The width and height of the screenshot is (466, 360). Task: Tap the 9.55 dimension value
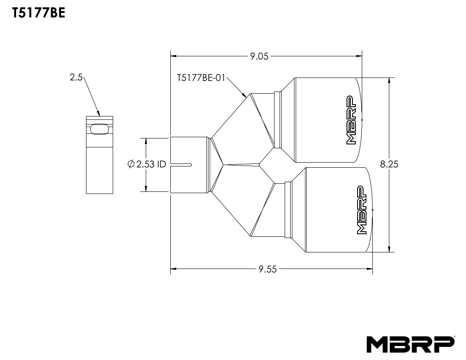[x=267, y=269]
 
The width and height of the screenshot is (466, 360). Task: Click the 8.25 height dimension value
[x=389, y=164]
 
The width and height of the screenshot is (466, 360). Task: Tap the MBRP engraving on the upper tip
[x=351, y=120]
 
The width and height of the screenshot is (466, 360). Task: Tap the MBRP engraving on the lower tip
[x=361, y=210]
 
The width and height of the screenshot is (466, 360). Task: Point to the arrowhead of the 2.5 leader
[x=99, y=114]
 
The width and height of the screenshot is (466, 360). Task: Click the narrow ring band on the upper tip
[x=278, y=119]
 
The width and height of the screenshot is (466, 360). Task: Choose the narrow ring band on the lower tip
[x=288, y=209]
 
